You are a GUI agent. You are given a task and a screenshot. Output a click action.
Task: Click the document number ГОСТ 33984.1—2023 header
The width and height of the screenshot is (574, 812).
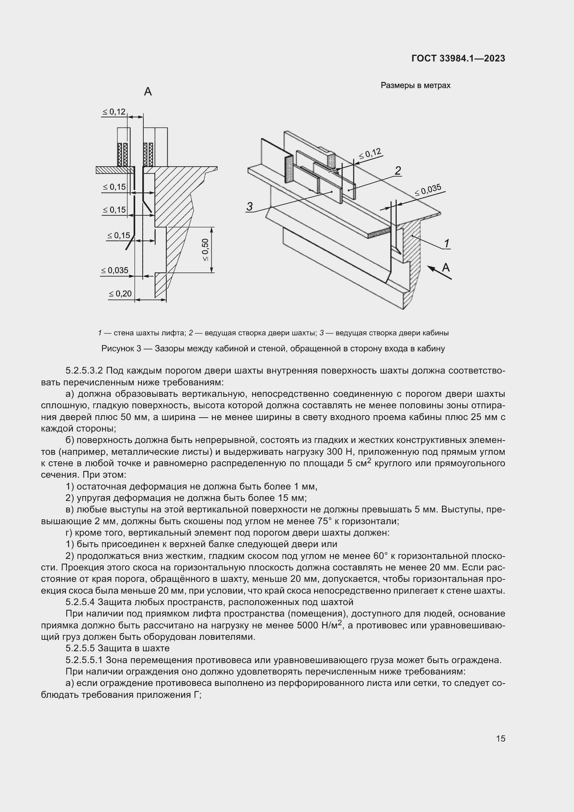(x=458, y=58)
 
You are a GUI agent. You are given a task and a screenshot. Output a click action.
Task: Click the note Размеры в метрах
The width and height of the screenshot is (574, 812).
(x=415, y=86)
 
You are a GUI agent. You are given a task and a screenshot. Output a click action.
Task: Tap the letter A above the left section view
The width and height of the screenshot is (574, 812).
(x=148, y=92)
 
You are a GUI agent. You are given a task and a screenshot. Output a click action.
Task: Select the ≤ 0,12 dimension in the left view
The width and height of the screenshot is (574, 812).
(x=114, y=112)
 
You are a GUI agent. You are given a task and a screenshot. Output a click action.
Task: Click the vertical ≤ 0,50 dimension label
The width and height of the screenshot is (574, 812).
(x=205, y=250)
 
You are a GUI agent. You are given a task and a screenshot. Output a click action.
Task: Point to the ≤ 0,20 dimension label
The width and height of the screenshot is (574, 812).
(x=120, y=294)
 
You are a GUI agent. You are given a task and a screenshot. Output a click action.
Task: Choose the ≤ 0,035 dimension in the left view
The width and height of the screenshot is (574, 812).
(x=115, y=270)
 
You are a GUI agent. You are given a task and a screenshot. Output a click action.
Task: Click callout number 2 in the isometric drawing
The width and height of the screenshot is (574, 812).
(x=398, y=171)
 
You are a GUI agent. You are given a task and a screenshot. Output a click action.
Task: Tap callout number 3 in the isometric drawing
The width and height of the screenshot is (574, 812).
(x=250, y=206)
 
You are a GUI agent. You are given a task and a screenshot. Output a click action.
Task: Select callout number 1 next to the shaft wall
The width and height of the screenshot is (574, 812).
(x=446, y=243)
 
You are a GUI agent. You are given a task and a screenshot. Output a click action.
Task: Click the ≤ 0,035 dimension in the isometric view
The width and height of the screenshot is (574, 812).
(x=428, y=190)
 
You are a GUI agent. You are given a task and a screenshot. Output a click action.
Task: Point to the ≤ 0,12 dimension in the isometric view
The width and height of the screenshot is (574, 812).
(x=370, y=154)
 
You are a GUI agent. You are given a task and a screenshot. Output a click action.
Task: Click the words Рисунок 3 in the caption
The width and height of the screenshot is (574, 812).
(x=121, y=349)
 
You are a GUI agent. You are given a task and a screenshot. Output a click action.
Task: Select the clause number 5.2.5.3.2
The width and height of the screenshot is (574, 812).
(x=84, y=371)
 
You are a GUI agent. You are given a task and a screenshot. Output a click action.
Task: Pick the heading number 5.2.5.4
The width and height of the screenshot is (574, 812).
(x=80, y=602)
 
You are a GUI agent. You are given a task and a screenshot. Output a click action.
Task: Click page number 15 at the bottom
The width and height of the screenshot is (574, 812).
(x=500, y=739)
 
